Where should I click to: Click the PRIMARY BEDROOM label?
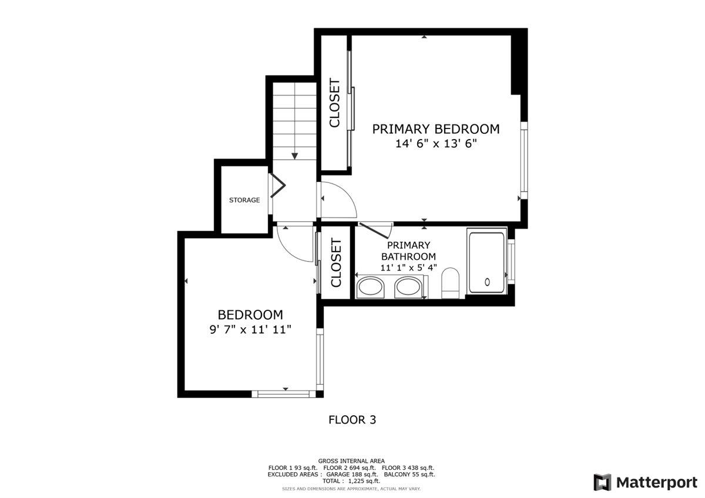(435, 129)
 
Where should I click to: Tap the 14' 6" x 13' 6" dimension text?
(435, 144)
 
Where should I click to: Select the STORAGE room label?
(244, 200)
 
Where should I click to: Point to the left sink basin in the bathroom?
(370, 287)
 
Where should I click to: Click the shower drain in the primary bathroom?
(488, 282)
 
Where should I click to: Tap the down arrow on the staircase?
(294, 155)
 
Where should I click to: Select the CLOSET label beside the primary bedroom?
(335, 103)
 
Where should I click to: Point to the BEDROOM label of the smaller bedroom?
(250, 315)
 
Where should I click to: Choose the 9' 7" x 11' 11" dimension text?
(250, 330)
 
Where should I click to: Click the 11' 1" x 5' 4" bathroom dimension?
(409, 267)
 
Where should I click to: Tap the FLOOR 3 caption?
(352, 420)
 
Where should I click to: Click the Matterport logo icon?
(602, 482)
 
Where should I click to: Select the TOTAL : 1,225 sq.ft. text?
(351, 481)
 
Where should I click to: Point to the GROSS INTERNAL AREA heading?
(351, 461)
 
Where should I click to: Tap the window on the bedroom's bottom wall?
(284, 394)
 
